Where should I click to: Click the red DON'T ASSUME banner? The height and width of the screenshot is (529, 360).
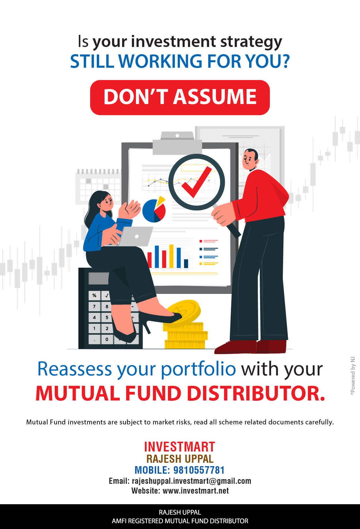pyautogui.click(x=180, y=97)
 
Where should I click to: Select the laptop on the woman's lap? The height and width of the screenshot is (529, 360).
pyautogui.click(x=135, y=236)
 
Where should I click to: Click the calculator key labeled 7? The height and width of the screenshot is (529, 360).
pyautogui.click(x=94, y=306)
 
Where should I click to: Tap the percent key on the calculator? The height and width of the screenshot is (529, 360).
pyautogui.click(x=94, y=296)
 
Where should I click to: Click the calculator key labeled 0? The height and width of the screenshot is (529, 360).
pyautogui.click(x=107, y=339)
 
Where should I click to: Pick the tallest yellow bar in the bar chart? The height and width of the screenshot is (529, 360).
pyautogui.click(x=171, y=256)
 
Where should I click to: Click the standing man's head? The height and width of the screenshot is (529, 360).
pyautogui.click(x=250, y=159)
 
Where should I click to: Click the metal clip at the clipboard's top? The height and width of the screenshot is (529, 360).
pyautogui.click(x=177, y=143)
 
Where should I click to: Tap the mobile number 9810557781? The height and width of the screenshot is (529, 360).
pyautogui.click(x=199, y=470)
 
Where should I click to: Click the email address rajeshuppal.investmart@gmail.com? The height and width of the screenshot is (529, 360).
pyautogui.click(x=192, y=481)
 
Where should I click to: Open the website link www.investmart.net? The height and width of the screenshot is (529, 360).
pyautogui.click(x=196, y=491)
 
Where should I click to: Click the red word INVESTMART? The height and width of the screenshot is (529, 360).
pyautogui.click(x=180, y=447)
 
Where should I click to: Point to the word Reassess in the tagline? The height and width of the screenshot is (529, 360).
pyautogui.click(x=75, y=369)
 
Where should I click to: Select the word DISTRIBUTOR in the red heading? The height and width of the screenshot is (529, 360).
pyautogui.click(x=256, y=393)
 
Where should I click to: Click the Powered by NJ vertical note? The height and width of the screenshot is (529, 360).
pyautogui.click(x=353, y=376)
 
